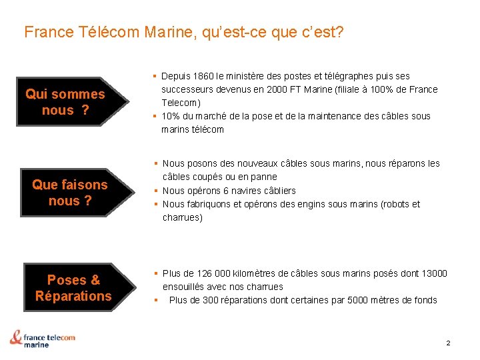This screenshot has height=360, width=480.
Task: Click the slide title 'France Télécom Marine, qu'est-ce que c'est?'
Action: (x=184, y=31)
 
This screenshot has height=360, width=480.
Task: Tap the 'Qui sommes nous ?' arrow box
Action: (x=65, y=102)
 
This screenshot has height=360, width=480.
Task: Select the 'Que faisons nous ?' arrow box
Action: (x=69, y=193)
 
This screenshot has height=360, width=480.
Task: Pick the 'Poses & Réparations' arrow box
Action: (x=73, y=288)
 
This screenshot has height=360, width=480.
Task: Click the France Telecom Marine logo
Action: (x=43, y=339)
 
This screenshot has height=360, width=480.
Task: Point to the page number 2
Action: (x=448, y=343)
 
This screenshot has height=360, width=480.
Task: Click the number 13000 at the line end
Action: (x=434, y=273)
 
